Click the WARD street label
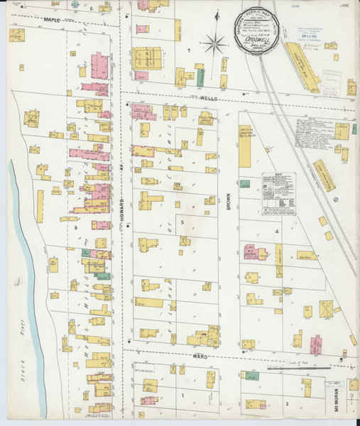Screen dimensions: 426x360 (x=199, y=356)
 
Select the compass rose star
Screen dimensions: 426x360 (x=214, y=44)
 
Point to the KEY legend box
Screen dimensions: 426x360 (x=278, y=192)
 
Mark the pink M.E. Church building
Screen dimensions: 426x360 (x=253, y=252)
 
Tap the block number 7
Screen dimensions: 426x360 (x=188, y=51)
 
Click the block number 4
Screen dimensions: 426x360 (x=288, y=231)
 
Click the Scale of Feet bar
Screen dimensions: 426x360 (x=298, y=368)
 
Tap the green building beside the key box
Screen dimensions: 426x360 (x=245, y=184)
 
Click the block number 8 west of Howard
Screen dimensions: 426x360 (x=74, y=228)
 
